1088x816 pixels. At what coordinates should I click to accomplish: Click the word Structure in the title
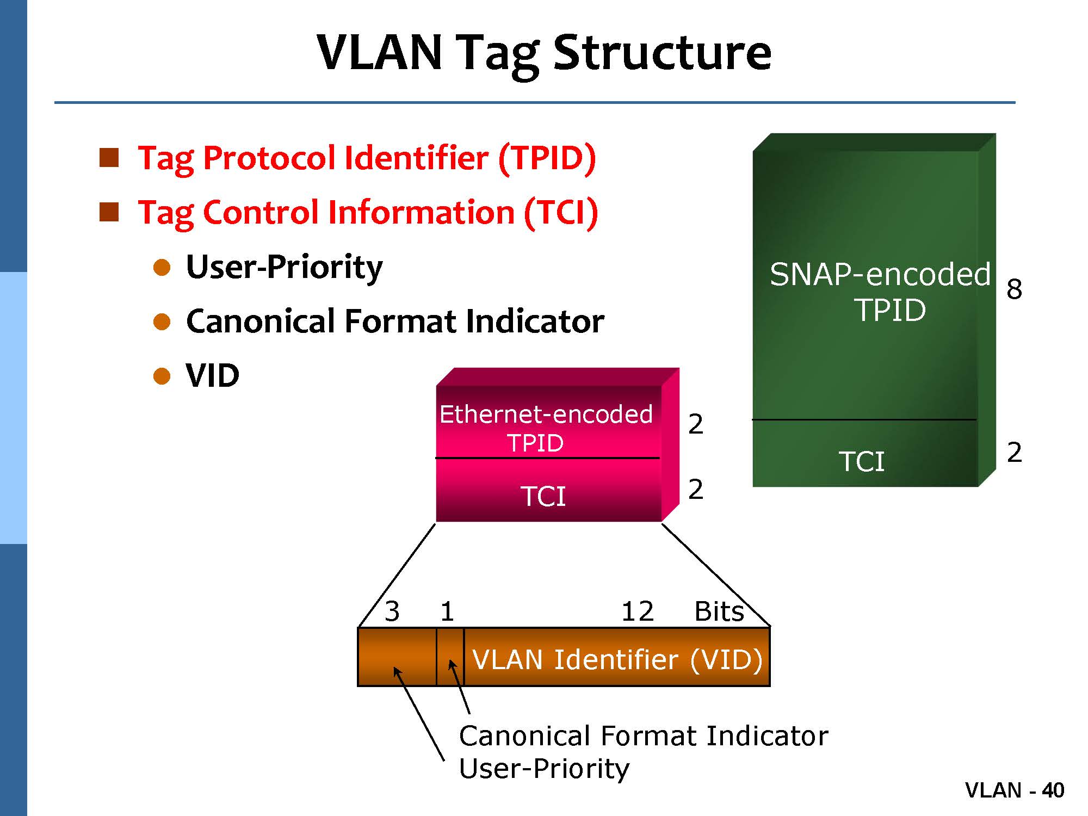pyautogui.click(x=662, y=53)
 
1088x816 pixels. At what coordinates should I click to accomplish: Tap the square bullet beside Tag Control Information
pyautogui.click(x=109, y=212)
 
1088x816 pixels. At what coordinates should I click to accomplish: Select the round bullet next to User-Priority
pyautogui.click(x=162, y=267)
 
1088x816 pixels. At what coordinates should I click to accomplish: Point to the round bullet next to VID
pyautogui.click(x=162, y=376)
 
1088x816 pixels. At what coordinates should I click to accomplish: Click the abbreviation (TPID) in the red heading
pyautogui.click(x=547, y=159)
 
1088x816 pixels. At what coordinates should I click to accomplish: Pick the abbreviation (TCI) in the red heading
pyautogui.click(x=561, y=212)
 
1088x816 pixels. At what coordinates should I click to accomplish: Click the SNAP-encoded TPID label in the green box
pyautogui.click(x=880, y=292)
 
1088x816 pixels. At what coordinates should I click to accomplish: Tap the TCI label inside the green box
pyautogui.click(x=862, y=461)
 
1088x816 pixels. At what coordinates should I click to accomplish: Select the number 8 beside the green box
pyautogui.click(x=1014, y=289)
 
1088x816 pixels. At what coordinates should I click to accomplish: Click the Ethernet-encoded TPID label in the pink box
pyautogui.click(x=546, y=428)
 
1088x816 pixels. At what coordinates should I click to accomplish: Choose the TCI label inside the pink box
pyautogui.click(x=543, y=496)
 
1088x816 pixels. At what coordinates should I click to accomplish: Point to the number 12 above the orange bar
pyautogui.click(x=638, y=611)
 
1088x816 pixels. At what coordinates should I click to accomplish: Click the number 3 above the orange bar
pyautogui.click(x=392, y=611)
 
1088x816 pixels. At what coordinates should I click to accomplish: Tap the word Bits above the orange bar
pyautogui.click(x=719, y=611)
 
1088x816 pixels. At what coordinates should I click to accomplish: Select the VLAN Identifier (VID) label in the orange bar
pyautogui.click(x=617, y=659)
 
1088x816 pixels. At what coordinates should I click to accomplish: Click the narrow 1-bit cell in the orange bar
pyautogui.click(x=450, y=657)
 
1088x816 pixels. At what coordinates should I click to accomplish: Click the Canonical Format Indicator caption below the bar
pyautogui.click(x=644, y=736)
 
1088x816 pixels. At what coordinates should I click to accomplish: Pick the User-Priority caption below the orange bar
pyautogui.click(x=544, y=768)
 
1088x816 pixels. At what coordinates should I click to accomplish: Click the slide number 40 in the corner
pyautogui.click(x=1053, y=790)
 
